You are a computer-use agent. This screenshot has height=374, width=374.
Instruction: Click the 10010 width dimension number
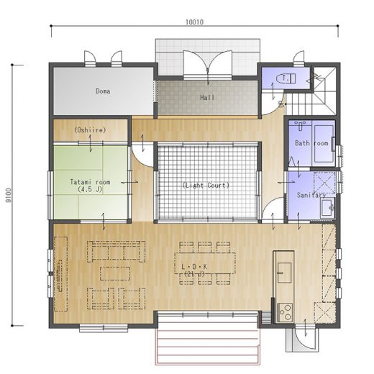tap(194, 22)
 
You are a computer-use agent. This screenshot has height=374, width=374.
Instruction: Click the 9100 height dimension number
tap(9, 195)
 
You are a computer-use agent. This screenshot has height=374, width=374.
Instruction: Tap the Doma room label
tap(103, 91)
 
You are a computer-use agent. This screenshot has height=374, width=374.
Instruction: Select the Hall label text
tap(207, 98)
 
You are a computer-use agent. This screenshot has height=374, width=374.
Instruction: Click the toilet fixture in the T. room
tap(286, 78)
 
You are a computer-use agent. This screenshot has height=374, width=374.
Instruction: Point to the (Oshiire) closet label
tap(90, 130)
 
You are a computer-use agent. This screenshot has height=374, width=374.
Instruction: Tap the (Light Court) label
tap(206, 186)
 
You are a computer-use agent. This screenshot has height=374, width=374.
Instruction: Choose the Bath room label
tap(311, 143)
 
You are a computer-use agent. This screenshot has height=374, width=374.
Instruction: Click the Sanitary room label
tap(311, 195)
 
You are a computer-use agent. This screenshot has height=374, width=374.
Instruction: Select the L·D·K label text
tap(194, 267)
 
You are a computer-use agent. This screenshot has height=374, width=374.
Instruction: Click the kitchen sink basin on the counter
tap(284, 273)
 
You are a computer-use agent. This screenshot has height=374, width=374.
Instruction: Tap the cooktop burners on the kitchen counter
tap(285, 312)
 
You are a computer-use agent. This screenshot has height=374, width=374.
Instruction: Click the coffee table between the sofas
tap(115, 273)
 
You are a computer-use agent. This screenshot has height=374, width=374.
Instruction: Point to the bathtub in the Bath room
tap(324, 144)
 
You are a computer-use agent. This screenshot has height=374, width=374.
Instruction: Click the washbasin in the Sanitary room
tap(328, 208)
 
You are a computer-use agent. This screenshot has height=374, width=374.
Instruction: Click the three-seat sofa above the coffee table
tap(117, 252)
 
